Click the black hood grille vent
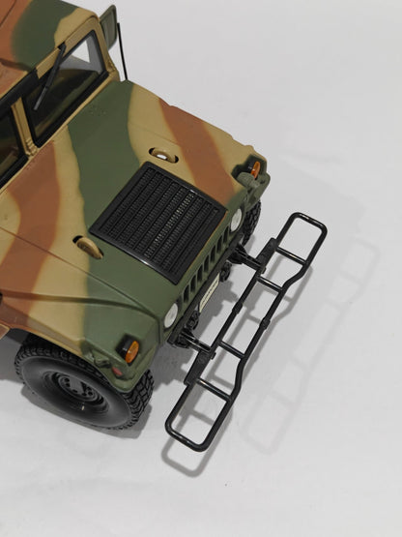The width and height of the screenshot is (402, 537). [x=158, y=220]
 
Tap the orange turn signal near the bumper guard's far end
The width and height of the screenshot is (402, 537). [x=254, y=168]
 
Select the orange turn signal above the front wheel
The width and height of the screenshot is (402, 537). [x=130, y=349]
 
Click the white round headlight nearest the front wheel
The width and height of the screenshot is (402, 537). [x=171, y=314]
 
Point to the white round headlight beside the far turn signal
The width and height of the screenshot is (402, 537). [x=237, y=220]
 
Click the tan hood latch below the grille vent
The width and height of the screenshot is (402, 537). [x=89, y=248]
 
